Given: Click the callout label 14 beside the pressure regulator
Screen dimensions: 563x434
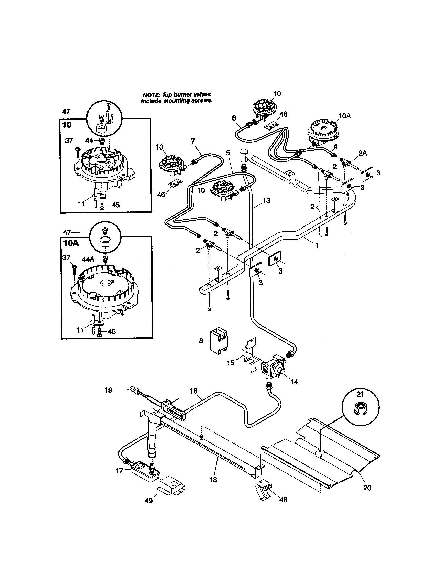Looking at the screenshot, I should pos(294,382).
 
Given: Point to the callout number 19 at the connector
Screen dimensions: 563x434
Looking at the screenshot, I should pos(109,390).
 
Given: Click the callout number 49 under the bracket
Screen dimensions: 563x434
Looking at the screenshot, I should pos(149,501).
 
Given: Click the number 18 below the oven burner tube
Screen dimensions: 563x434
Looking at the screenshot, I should pos(213,480).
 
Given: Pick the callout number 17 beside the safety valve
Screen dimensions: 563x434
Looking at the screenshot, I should pos(119,471).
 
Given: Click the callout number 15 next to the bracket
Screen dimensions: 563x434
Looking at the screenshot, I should pos(231,363).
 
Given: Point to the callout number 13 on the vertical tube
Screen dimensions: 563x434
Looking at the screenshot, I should pos(266,200).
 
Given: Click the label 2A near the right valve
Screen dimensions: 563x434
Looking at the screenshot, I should pos(362,153).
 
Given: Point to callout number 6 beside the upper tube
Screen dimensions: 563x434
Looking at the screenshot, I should pos(234,118).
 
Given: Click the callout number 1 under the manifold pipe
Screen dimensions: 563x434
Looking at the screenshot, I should pos(317,246).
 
